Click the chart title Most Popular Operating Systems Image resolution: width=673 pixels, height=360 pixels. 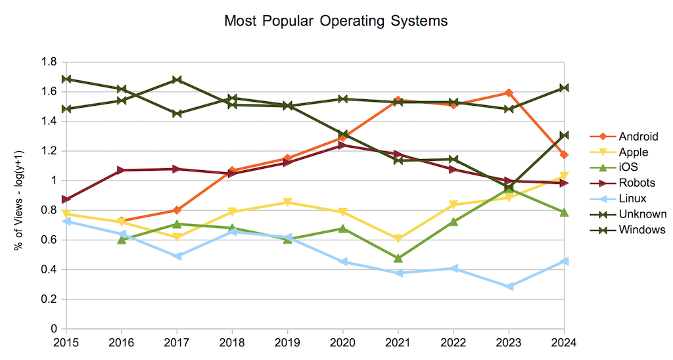pos(336,21)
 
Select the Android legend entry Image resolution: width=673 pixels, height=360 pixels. pos(638,137)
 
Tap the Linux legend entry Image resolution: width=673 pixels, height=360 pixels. pos(632,198)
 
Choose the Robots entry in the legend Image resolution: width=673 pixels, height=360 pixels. pos(636,183)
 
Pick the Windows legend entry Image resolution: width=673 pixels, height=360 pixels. pos(641,229)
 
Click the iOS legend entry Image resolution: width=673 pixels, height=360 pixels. pos(629,168)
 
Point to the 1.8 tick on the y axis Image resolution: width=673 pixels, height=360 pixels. pos(50,62)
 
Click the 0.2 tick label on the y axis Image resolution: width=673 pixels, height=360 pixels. pos(50,300)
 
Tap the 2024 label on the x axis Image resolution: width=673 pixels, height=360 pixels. pos(563,342)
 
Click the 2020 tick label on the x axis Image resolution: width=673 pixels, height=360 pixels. pos(342,342)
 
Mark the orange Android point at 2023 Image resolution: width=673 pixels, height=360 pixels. pos(509,93)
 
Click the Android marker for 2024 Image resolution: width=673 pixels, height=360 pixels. pos(564,155)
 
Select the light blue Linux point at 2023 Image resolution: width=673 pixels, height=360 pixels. pos(509,286)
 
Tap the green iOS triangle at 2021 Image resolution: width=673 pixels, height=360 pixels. pos(398,258)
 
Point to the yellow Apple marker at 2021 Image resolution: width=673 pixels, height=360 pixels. pos(398,238)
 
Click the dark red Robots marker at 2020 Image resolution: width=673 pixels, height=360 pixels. pos(342,145)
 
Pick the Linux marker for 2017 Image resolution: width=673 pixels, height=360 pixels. pos(176,256)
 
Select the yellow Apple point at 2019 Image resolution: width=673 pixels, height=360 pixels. pos(287,202)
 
